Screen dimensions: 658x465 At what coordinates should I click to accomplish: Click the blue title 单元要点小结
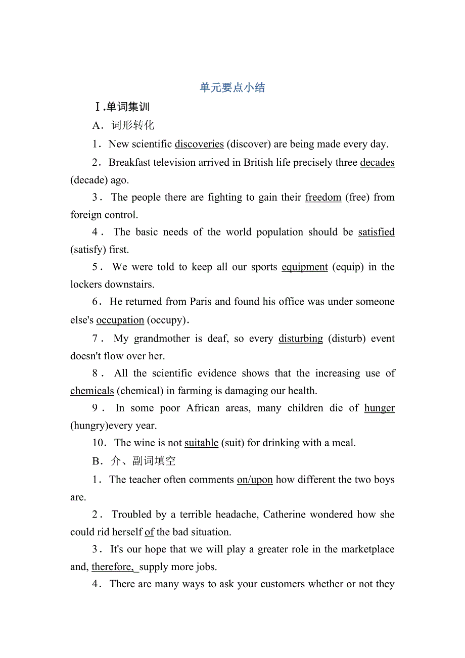pyautogui.click(x=232, y=88)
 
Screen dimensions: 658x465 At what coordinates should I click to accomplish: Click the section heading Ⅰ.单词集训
pyautogui.click(x=122, y=107)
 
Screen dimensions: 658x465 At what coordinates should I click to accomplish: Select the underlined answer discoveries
pyautogui.click(x=199, y=144)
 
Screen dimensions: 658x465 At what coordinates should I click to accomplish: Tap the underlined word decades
pyautogui.click(x=377, y=163)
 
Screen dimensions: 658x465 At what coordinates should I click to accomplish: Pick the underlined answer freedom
pyautogui.click(x=323, y=197)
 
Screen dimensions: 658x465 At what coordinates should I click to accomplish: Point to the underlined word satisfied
pyautogui.click(x=376, y=232)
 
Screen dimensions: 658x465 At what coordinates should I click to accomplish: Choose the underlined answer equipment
pyautogui.click(x=305, y=267)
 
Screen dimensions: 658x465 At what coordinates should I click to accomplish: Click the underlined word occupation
pyautogui.click(x=120, y=320)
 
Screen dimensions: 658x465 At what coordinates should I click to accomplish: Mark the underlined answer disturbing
pyautogui.click(x=301, y=339)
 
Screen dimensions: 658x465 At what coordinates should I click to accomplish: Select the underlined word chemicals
pyautogui.click(x=92, y=391)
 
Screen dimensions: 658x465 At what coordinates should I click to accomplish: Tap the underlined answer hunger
pyautogui.click(x=379, y=408)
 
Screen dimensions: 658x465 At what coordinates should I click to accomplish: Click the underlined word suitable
pyautogui.click(x=201, y=443)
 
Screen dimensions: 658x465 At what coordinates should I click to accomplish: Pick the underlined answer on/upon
pyautogui.click(x=255, y=480)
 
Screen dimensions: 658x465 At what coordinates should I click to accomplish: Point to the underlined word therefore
pyautogui.click(x=113, y=567)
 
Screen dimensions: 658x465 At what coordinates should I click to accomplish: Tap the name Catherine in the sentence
pyautogui.click(x=311, y=514)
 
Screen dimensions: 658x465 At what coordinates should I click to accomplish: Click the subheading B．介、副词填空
pyautogui.click(x=134, y=461)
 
